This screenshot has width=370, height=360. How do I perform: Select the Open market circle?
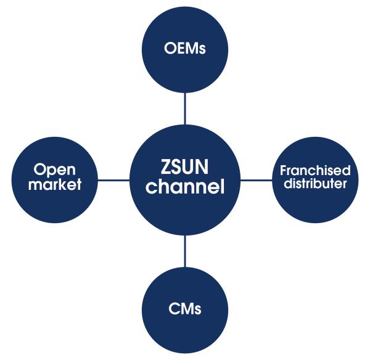pos(55,179)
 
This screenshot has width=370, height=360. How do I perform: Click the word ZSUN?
pos(185,167)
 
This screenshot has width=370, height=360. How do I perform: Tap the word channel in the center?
pos(185,186)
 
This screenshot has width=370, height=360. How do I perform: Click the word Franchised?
pos(315,171)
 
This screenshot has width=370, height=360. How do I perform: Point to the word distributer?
pos(315,184)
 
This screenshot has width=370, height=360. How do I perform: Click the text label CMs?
pos(185,309)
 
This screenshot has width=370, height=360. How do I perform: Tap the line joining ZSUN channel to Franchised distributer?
pos(256,180)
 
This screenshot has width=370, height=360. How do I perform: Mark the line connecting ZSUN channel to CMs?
pos(185,250)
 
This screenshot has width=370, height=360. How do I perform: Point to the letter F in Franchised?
pos(284,171)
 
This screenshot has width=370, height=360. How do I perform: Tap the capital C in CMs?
pos(173,309)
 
